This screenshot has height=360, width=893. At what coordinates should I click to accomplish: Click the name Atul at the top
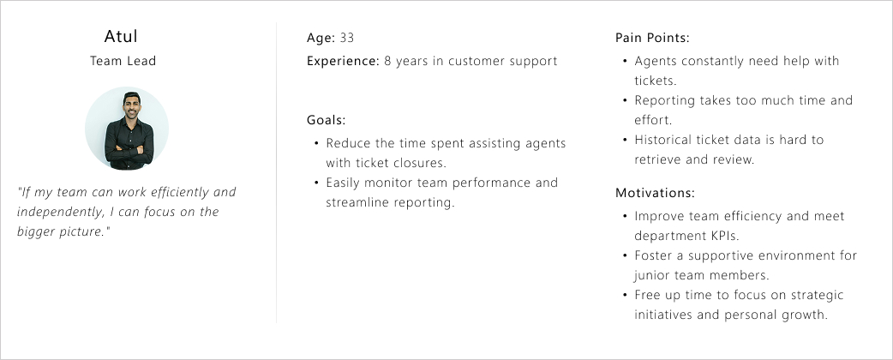[x=121, y=36]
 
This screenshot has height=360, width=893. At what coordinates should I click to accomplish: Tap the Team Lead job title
[x=123, y=62]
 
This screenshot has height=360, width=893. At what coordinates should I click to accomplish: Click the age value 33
[x=347, y=39]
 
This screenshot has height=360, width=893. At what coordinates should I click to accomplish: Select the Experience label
[x=342, y=62]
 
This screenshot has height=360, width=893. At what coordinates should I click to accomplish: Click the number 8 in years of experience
[x=388, y=62]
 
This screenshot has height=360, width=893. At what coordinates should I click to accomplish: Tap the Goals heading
[x=326, y=120]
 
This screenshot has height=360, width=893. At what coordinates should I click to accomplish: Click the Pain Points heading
[x=652, y=39]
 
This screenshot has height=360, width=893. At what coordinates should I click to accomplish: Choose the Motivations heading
[x=655, y=194]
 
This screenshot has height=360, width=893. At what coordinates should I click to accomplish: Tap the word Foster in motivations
[x=655, y=255]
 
